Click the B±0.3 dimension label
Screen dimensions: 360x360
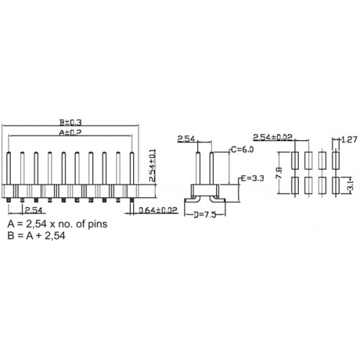tap(71, 122)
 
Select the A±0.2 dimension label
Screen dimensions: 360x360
tap(71, 132)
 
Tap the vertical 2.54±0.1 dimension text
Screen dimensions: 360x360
tap(153, 165)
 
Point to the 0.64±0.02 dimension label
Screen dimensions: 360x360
tap(158, 210)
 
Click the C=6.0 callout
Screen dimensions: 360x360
tap(242, 150)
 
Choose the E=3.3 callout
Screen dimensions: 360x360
tap(253, 179)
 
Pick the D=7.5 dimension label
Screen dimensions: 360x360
tap(205, 215)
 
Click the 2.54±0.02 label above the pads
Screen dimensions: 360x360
tap(273, 138)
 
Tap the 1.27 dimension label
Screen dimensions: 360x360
tap(349, 140)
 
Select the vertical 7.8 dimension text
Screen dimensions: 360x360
tap(279, 173)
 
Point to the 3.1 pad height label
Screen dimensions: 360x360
tap(351, 186)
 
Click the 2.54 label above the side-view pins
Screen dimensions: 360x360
tap(186, 139)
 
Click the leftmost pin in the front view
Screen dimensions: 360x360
tap(9, 168)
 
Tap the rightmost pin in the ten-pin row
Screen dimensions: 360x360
tap(132, 168)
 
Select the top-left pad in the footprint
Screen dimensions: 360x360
tap(294, 160)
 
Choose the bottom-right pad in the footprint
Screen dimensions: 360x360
tap(336, 186)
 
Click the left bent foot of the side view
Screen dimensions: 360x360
tap(192, 199)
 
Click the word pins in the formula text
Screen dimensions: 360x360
tap(98, 225)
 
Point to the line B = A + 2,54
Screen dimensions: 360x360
tap(36, 235)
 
